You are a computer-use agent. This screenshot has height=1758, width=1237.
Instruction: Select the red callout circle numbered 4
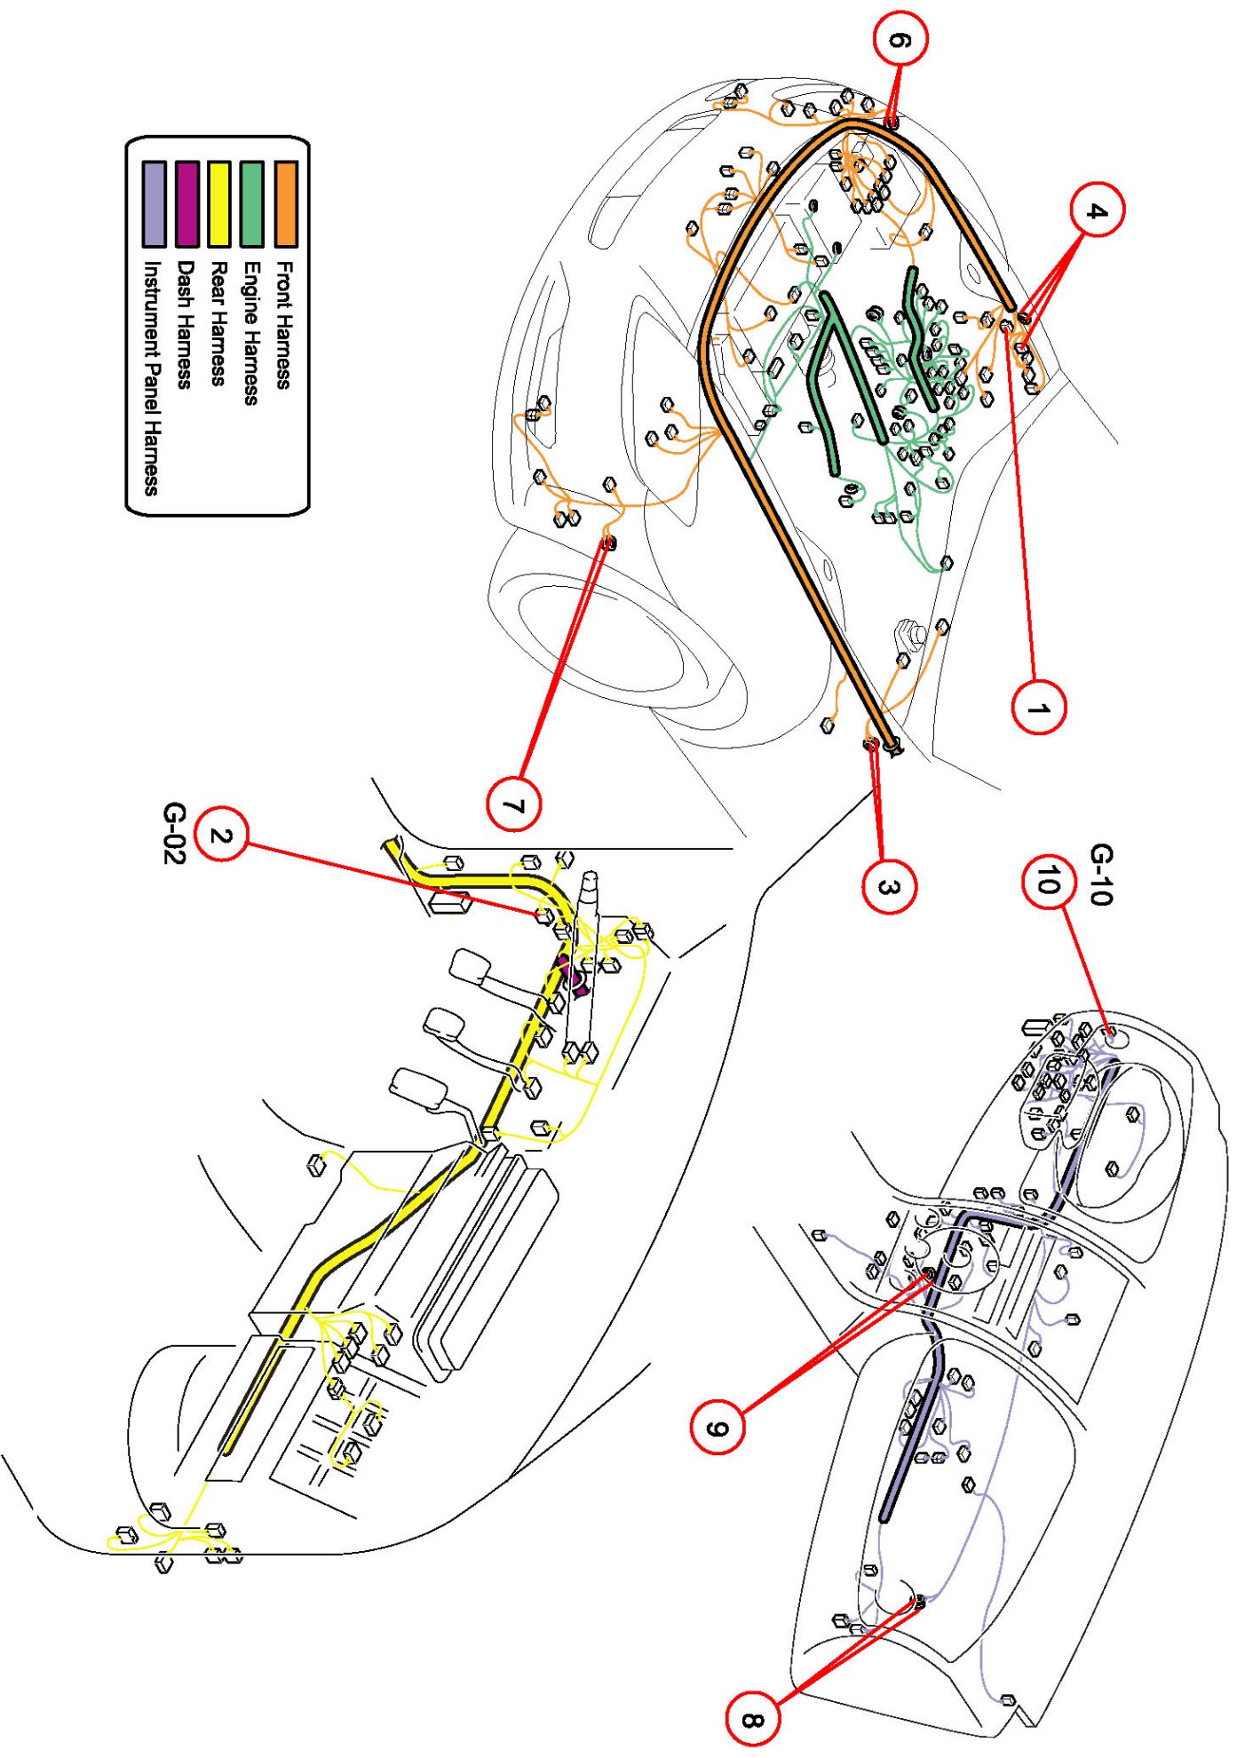pyautogui.click(x=1097, y=210)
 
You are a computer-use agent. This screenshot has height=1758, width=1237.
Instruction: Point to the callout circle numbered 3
pyautogui.click(x=889, y=886)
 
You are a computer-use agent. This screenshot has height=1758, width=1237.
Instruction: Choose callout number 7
pyautogui.click(x=514, y=805)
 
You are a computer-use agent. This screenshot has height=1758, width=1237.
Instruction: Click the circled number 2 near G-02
pyautogui.click(x=221, y=835)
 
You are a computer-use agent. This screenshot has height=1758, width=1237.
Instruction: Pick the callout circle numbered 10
pyautogui.click(x=1049, y=881)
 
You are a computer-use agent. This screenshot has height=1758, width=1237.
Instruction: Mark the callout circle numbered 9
pyautogui.click(x=718, y=1427)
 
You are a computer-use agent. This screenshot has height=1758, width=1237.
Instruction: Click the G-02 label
pyautogui.click(x=175, y=833)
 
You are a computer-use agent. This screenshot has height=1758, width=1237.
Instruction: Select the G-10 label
pyautogui.click(x=1101, y=875)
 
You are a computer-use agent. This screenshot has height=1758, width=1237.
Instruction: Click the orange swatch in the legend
pyautogui.click(x=286, y=203)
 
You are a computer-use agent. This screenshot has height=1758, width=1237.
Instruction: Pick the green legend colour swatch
pyautogui.click(x=252, y=203)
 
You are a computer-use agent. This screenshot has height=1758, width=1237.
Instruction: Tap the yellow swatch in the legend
pyautogui.click(x=219, y=203)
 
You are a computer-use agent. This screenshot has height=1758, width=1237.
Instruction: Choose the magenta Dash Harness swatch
pyautogui.click(x=186, y=203)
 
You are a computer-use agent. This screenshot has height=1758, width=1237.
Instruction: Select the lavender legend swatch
pyautogui.click(x=154, y=203)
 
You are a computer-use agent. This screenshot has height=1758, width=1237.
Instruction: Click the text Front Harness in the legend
pyautogui.click(x=284, y=324)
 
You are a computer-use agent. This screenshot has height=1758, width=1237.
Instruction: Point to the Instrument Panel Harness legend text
pyautogui.click(x=152, y=377)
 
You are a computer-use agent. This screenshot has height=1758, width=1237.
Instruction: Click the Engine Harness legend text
pyautogui.click(x=251, y=333)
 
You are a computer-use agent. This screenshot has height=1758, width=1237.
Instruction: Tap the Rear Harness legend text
pyautogui.click(x=218, y=322)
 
